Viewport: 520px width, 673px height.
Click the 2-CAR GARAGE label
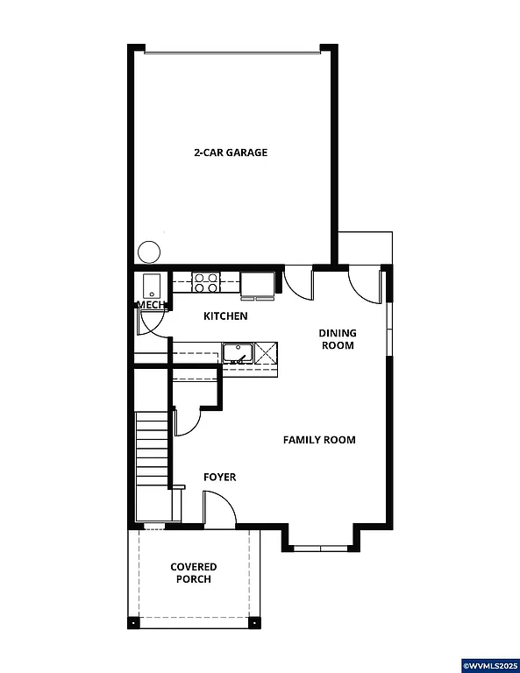(x=231, y=152)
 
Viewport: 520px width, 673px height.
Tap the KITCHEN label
(x=225, y=316)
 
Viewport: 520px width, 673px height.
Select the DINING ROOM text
(x=337, y=339)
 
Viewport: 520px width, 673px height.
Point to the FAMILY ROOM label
(x=319, y=440)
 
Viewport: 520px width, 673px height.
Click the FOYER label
(x=219, y=478)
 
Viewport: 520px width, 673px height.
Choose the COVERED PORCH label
(x=194, y=573)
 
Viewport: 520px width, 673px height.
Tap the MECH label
(x=150, y=305)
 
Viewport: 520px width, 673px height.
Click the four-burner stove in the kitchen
(x=206, y=282)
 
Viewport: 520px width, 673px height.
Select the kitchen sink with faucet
(x=236, y=353)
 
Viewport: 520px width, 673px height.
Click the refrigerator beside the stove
(x=257, y=284)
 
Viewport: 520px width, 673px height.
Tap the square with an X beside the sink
(x=267, y=353)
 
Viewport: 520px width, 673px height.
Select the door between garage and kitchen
(x=298, y=281)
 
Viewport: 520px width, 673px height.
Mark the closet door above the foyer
(x=186, y=421)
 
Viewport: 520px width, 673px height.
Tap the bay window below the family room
(x=320, y=548)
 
